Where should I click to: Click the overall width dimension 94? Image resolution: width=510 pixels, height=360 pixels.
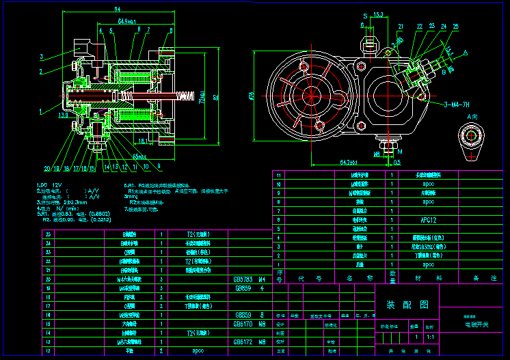117,9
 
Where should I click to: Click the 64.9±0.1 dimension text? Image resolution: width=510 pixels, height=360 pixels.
127,22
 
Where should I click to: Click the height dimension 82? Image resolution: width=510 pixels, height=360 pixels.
217,96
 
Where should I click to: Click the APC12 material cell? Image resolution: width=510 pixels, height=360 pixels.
429,220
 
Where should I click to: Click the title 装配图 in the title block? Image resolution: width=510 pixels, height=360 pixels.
399,305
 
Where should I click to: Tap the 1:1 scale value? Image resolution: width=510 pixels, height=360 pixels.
429,337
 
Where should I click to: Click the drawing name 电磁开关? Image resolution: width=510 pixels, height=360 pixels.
472,324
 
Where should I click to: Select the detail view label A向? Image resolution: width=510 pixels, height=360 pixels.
472,117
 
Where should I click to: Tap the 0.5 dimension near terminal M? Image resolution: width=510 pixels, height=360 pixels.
398,163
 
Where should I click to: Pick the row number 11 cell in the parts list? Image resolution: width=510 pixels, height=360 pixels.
278,175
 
